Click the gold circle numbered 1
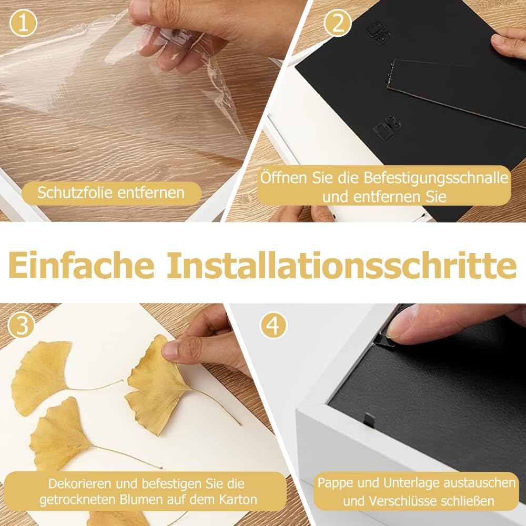(23, 23)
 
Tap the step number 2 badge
(338, 23)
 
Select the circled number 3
(22, 326)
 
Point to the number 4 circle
(274, 325)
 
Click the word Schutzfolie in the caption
(75, 193)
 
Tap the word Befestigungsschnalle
(436, 177)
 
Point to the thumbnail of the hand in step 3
(170, 350)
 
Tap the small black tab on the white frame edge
(369, 420)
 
